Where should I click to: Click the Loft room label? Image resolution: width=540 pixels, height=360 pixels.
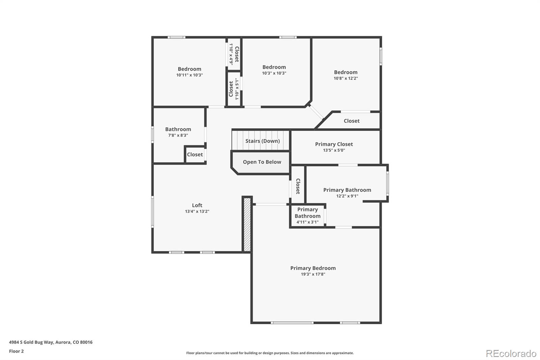click(x=197, y=205)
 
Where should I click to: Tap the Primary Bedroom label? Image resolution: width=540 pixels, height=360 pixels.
click(x=313, y=268)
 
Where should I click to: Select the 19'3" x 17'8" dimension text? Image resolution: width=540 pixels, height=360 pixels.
click(x=313, y=274)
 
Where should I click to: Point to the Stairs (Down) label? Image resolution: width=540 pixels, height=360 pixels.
click(x=262, y=141)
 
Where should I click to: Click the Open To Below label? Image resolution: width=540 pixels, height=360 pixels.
click(x=262, y=162)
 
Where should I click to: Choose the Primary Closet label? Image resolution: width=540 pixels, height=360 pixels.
click(x=334, y=144)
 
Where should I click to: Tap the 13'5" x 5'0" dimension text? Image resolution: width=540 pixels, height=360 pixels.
click(x=334, y=150)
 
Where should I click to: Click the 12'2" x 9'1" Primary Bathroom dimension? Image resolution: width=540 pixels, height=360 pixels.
click(x=347, y=196)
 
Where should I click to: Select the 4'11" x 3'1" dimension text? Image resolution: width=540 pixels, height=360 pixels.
click(x=307, y=222)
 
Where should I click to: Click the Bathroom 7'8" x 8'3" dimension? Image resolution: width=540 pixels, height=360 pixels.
click(x=178, y=135)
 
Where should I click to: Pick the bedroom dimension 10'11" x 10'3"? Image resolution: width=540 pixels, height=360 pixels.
click(x=189, y=75)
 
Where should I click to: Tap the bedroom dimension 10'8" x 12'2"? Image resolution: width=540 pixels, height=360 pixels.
click(x=346, y=78)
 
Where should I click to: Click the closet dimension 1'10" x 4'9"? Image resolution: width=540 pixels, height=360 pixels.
click(x=231, y=54)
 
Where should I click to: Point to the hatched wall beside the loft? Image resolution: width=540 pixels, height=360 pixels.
click(x=247, y=224)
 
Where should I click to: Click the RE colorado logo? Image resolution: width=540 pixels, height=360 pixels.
click(x=511, y=353)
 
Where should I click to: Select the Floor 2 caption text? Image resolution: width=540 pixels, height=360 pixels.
click(x=16, y=351)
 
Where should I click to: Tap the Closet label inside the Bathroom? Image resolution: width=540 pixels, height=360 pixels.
click(x=195, y=155)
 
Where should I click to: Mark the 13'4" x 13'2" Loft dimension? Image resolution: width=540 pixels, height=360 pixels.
click(x=197, y=211)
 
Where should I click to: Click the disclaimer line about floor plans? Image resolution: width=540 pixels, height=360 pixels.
click(x=270, y=353)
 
